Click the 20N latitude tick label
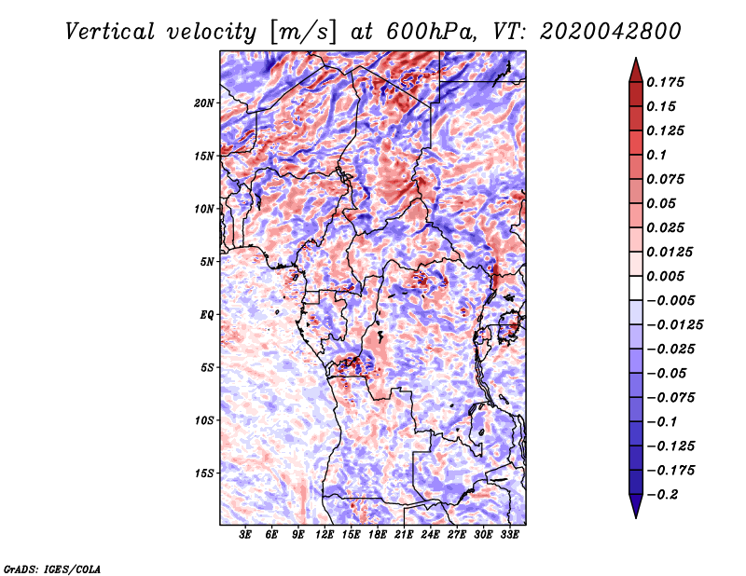[x=204, y=103]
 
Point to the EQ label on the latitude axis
[x=207, y=315]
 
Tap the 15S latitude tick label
[x=204, y=473]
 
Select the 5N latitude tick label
[x=207, y=262]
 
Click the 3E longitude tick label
[x=246, y=535]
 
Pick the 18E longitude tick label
[x=378, y=535]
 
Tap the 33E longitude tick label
[x=509, y=535]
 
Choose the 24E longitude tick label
[x=431, y=535]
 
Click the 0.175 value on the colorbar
[x=669, y=83]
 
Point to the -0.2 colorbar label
[x=664, y=494]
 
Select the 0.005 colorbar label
[x=669, y=276]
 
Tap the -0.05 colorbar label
[x=667, y=373]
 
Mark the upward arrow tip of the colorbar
[x=635, y=61]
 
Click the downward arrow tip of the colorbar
[x=635, y=515]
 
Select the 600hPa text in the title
[x=423, y=31]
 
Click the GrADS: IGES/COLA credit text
[x=51, y=568]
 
